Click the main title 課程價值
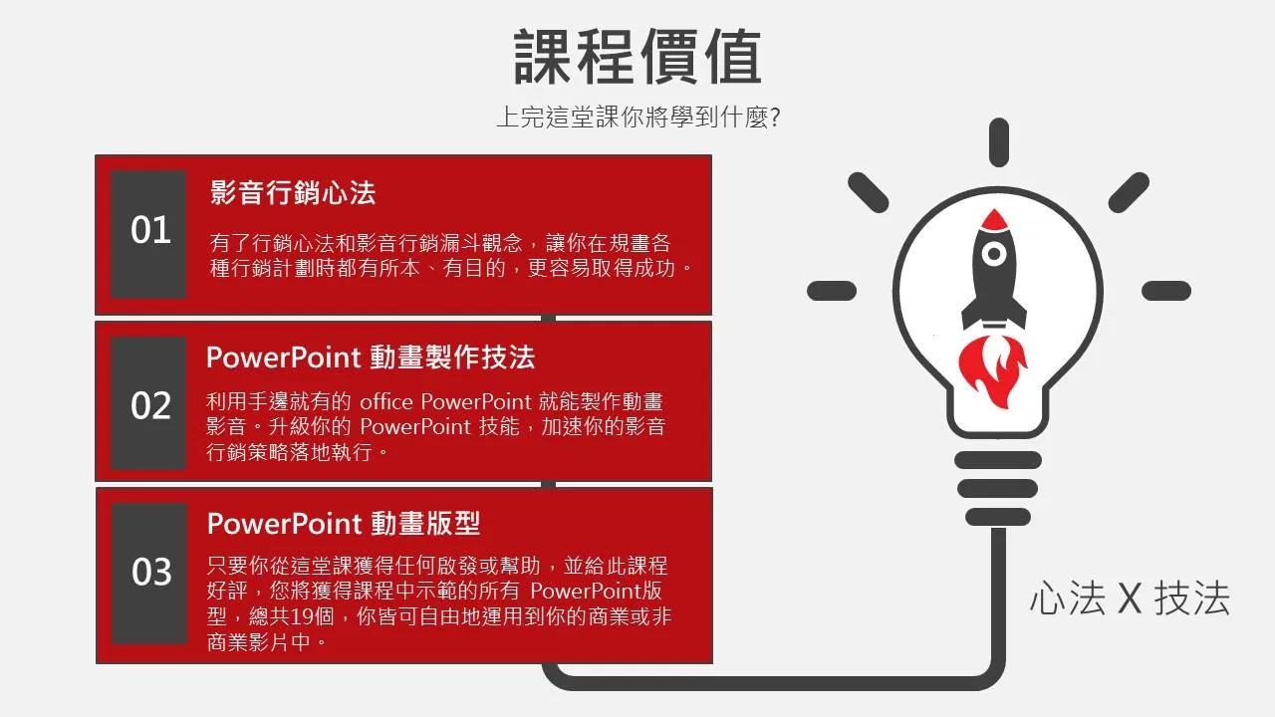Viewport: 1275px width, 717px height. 637,57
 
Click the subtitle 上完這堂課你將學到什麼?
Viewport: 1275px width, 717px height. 638,118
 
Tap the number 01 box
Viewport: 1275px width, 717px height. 148,234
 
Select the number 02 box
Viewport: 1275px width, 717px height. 148,403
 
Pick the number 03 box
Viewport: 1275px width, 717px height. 149,573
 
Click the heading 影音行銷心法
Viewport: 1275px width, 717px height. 293,192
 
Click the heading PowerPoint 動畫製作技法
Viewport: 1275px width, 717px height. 371,358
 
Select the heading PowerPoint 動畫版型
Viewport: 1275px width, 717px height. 344,524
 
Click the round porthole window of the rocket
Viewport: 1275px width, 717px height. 994,254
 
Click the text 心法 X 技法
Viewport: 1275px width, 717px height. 1130,598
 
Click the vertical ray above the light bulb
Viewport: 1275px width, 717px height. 999,142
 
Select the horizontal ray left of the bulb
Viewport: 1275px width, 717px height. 832,291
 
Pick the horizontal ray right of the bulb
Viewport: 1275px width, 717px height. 1166,291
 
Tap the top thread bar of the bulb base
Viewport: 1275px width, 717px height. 998,460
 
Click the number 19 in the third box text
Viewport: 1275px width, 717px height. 303,616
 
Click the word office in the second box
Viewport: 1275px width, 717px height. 385,401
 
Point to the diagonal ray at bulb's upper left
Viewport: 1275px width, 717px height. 868,193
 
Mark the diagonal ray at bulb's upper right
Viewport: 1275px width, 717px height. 1129,192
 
